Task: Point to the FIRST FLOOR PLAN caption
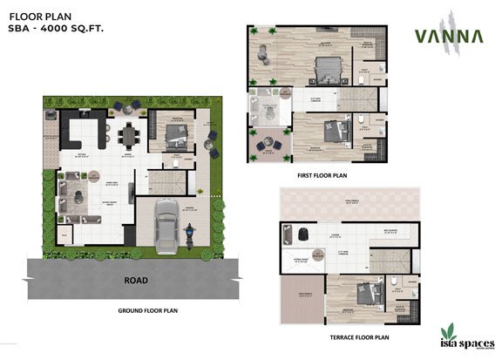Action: point(323,175)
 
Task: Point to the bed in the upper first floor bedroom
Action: point(325,66)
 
